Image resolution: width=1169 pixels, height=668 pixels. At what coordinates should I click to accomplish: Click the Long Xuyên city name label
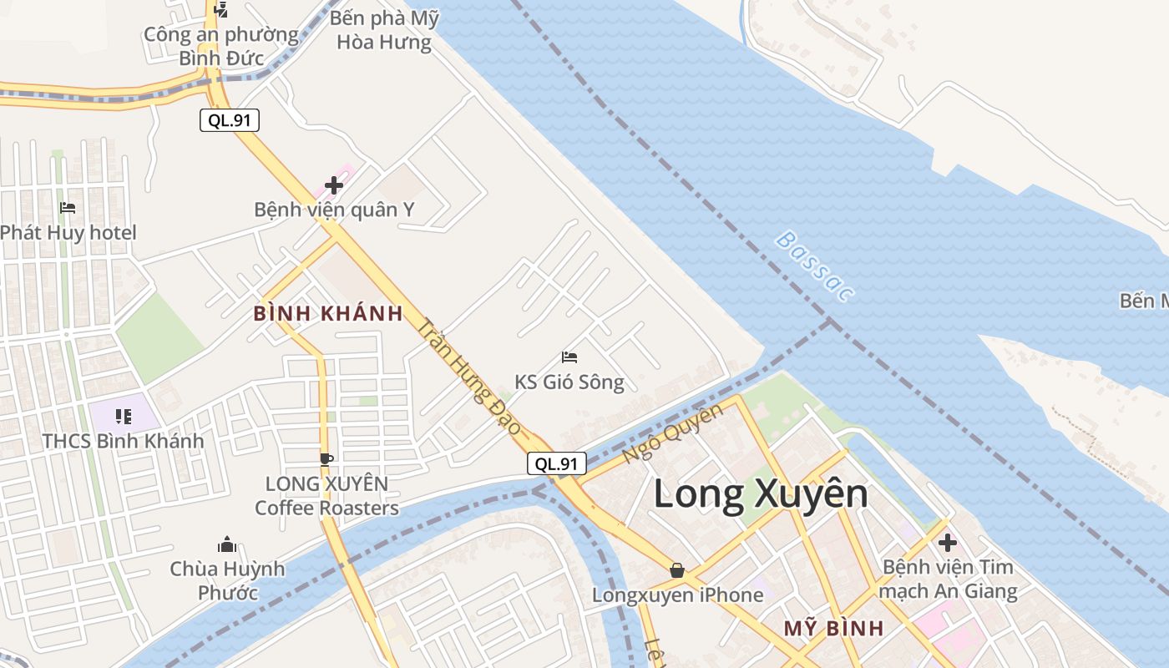pyautogui.click(x=760, y=494)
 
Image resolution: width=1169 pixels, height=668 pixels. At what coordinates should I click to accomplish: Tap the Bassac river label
pyautogui.click(x=815, y=266)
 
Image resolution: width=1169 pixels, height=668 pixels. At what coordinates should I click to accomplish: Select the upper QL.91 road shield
pyautogui.click(x=230, y=120)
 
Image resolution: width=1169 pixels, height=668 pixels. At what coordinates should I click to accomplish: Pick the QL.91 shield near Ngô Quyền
pyautogui.click(x=557, y=463)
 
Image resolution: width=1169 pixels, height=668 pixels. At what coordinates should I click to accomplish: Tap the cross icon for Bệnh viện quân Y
pyautogui.click(x=334, y=185)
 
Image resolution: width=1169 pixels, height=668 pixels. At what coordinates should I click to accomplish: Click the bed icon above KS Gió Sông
pyautogui.click(x=569, y=357)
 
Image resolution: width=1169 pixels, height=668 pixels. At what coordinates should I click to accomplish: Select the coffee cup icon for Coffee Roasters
pyautogui.click(x=326, y=458)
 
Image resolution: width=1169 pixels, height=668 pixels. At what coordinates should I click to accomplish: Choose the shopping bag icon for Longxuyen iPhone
pyautogui.click(x=677, y=570)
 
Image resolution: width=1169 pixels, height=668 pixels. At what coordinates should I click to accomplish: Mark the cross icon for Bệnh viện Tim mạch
pyautogui.click(x=947, y=543)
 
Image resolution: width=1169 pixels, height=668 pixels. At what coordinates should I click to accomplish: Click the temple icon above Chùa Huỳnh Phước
pyautogui.click(x=227, y=545)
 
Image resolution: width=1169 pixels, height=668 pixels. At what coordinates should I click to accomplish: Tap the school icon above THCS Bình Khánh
pyautogui.click(x=124, y=416)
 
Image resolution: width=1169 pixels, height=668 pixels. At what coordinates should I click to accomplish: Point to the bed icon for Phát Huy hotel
pyautogui.click(x=68, y=207)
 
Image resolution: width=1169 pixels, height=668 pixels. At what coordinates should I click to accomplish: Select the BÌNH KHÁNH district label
pyautogui.click(x=328, y=314)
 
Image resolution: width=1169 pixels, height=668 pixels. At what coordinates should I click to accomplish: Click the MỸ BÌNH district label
pyautogui.click(x=833, y=629)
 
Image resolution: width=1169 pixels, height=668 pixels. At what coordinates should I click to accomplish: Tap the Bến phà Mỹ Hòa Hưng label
pyautogui.click(x=384, y=30)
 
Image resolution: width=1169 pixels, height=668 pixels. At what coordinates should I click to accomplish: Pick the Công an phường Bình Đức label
pyautogui.click(x=221, y=46)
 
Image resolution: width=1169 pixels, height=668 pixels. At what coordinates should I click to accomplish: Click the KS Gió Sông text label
pyautogui.click(x=569, y=382)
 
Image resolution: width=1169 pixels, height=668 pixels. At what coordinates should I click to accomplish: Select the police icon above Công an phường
pyautogui.click(x=221, y=10)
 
